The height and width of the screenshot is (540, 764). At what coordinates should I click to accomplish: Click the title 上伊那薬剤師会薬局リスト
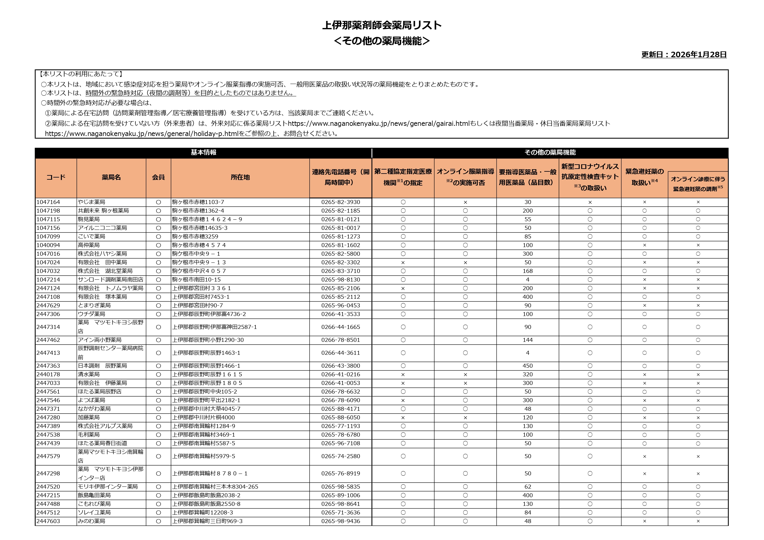click(382, 25)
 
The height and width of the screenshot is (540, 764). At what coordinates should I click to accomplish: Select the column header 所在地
click(240, 178)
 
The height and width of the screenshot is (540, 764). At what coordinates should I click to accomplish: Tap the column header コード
click(56, 178)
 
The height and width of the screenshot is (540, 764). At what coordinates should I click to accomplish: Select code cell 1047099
click(48, 237)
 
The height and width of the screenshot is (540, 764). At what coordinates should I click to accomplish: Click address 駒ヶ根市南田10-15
click(196, 280)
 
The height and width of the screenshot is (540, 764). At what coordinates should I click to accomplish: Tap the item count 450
click(527, 366)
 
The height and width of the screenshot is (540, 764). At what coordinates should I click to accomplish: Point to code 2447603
click(48, 521)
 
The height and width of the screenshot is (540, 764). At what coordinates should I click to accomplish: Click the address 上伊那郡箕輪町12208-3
click(203, 513)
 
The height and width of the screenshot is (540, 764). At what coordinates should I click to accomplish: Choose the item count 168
click(527, 271)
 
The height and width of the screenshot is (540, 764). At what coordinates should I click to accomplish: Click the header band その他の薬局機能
click(550, 153)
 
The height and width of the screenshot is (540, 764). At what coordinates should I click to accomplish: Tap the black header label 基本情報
click(203, 153)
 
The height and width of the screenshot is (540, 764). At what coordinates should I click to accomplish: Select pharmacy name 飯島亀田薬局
click(94, 495)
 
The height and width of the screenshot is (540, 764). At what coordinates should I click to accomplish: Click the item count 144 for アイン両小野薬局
click(527, 340)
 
